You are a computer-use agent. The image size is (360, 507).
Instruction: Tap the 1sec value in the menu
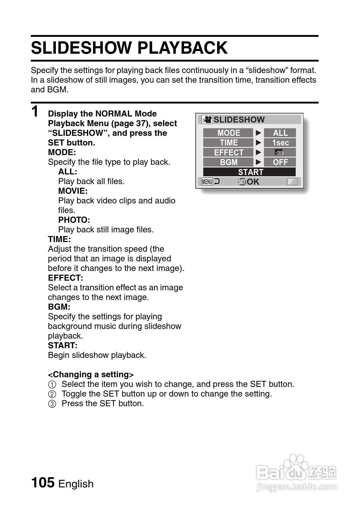tap(280, 143)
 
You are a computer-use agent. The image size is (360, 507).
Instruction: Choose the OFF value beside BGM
tap(280, 162)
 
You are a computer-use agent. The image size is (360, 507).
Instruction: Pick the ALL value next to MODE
tap(280, 133)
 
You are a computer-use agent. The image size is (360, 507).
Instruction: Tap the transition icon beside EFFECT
tap(280, 152)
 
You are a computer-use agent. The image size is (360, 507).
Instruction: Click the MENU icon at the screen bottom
tap(207, 182)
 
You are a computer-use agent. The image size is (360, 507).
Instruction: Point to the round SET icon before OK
tap(242, 182)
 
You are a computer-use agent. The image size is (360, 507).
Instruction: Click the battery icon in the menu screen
tap(292, 181)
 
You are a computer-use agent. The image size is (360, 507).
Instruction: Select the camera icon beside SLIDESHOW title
tap(207, 120)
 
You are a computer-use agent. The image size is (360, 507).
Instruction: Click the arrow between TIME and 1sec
tap(258, 143)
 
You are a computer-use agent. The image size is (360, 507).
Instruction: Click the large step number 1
tap(35, 111)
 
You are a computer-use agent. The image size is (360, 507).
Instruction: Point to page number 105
tap(43, 482)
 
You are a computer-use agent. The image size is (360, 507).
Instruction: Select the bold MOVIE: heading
tap(73, 191)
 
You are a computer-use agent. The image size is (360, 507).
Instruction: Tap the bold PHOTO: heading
tap(74, 220)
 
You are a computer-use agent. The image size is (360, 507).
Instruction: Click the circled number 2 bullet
tap(52, 394)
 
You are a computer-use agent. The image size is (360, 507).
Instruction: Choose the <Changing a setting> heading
tap(91, 375)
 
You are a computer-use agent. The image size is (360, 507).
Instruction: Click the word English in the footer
tap(76, 484)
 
